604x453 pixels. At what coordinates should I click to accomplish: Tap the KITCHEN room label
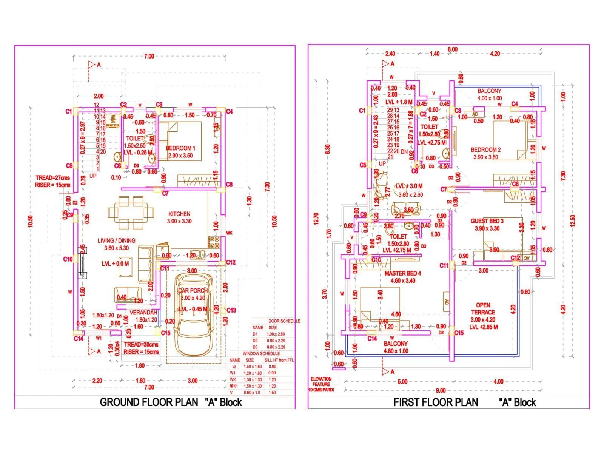point(179,214)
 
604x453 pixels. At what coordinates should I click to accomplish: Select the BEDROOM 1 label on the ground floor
point(180,148)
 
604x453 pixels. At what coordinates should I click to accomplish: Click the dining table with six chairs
point(131,213)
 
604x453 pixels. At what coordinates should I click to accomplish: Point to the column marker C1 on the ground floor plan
point(68,111)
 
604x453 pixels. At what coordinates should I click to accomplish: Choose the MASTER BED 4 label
point(403,273)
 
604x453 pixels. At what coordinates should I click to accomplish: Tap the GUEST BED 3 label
point(487,221)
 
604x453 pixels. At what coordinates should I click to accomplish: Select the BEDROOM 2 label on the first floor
point(486,150)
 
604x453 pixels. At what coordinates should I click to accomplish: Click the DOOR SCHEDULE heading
point(284,321)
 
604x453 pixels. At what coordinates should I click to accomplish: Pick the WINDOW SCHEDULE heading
point(261,354)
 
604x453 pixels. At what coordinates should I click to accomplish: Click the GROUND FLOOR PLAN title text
point(149,402)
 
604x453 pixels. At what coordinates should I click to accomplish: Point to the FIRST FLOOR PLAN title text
point(436,402)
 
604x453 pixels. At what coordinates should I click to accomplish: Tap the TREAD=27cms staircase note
point(53,178)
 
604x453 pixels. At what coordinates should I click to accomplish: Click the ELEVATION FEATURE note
point(321,381)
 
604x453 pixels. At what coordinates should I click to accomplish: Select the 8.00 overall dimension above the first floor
point(452,49)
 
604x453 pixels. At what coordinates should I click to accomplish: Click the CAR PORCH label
point(193,291)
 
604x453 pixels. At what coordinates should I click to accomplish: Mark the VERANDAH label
point(143,313)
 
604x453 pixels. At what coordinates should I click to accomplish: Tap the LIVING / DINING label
point(116,240)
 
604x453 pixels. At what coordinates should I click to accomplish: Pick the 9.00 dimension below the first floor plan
point(441,391)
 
